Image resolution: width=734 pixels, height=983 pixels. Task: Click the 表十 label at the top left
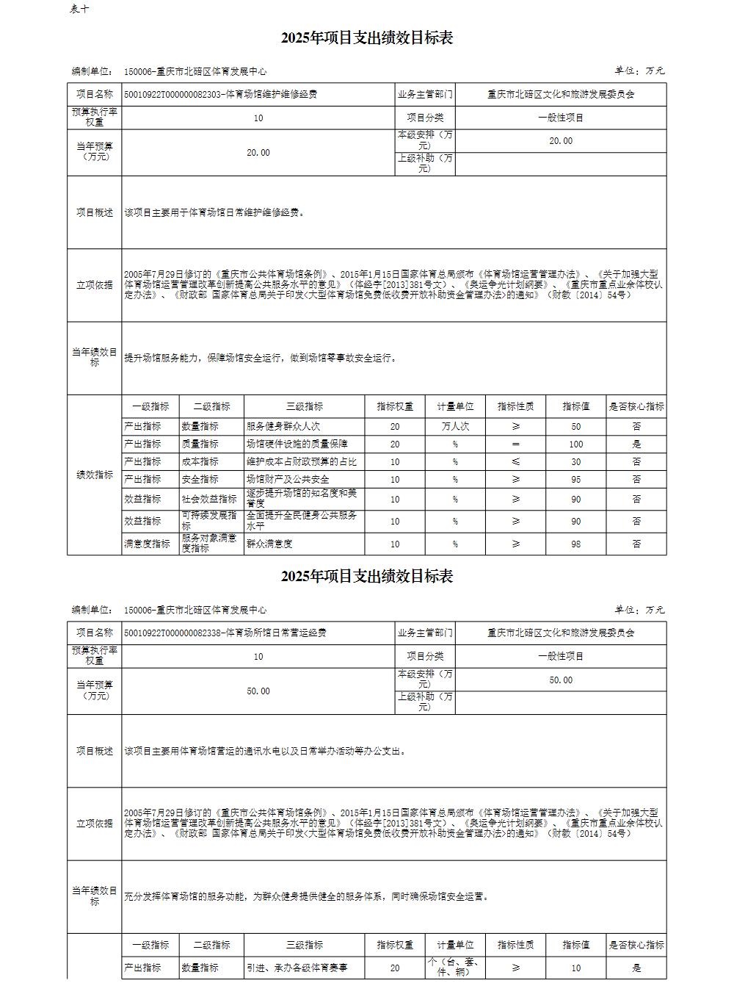[x=81, y=9]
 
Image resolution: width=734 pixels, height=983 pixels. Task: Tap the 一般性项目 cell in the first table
[x=561, y=118]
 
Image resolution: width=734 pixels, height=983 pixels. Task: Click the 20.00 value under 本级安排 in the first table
[x=561, y=140]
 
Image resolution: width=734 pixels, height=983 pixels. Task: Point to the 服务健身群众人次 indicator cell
[x=283, y=426]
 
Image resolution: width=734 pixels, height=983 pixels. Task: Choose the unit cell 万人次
[x=455, y=426]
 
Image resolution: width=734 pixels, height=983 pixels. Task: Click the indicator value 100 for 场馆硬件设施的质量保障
[x=576, y=444]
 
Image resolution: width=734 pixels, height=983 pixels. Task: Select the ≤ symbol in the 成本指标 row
[x=515, y=461]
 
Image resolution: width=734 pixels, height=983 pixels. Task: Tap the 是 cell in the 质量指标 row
[x=636, y=444]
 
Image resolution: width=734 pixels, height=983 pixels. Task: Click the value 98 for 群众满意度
[x=576, y=544]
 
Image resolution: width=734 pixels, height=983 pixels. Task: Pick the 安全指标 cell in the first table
[x=200, y=479]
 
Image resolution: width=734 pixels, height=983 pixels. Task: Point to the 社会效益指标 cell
[x=210, y=499]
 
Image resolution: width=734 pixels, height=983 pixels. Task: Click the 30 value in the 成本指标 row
[x=576, y=461]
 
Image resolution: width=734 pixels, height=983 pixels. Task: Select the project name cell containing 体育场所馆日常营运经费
[x=225, y=633]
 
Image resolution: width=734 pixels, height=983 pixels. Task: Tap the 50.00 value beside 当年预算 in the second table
[x=258, y=691]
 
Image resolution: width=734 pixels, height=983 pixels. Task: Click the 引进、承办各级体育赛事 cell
[x=297, y=968]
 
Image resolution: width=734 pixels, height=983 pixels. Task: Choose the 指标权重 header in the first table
[x=395, y=406]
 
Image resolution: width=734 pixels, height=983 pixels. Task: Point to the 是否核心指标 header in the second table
[x=636, y=945]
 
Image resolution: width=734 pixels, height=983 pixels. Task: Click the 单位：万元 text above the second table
[x=639, y=610]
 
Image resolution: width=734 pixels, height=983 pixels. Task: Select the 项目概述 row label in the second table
[x=95, y=751]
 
